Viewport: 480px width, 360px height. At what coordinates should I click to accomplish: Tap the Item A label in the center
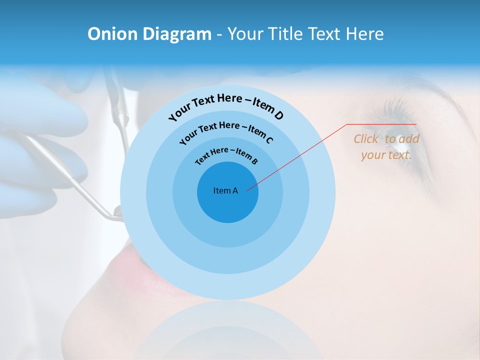[x=225, y=190]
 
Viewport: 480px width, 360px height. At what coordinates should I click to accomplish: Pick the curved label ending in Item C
[x=226, y=130]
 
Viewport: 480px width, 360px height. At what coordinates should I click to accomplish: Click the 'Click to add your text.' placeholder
[x=386, y=147]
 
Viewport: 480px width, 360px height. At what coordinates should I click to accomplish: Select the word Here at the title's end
[x=365, y=34]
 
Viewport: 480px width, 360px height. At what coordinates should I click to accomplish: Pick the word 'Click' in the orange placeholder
[x=367, y=139]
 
